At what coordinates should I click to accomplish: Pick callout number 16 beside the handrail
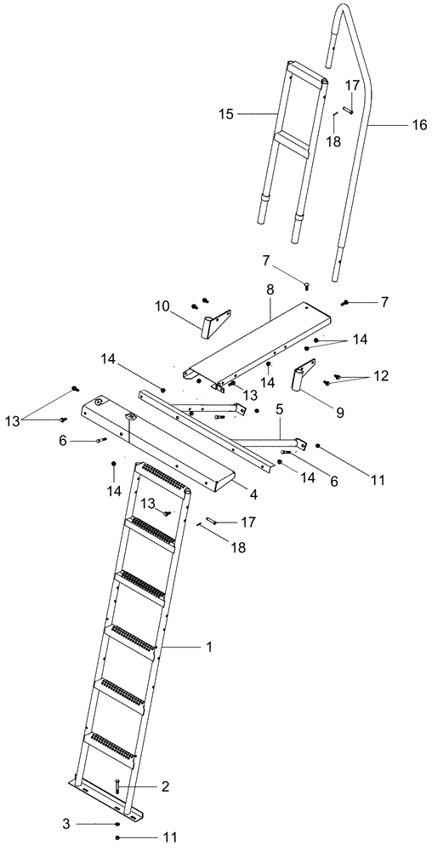coord(419,124)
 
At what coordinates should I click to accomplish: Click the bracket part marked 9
coord(304,380)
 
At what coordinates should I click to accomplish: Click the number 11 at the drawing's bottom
coord(169,837)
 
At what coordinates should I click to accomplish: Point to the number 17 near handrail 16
coord(351,86)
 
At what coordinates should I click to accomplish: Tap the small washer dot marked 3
coord(117,824)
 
